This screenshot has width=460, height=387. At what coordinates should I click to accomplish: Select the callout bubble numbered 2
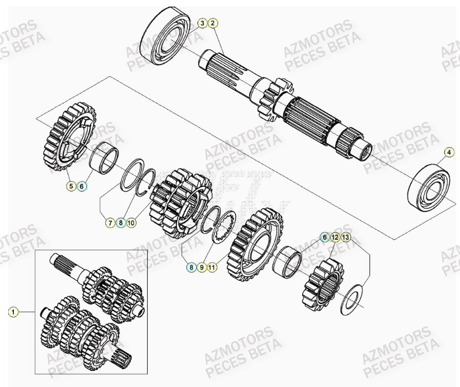coord(214,23)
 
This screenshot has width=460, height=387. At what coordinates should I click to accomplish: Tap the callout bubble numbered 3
coord(203,23)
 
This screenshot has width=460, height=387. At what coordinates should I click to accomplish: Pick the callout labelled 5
coord(71,186)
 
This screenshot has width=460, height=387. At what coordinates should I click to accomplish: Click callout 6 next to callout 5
coord(82,186)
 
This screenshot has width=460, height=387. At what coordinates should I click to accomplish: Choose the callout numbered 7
coord(110,223)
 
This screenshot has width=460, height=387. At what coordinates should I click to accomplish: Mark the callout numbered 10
coord(131,223)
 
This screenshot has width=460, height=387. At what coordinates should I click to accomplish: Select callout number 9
coord(202,267)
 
